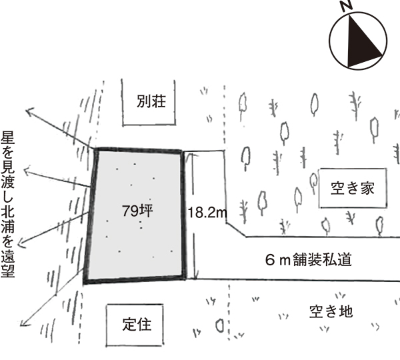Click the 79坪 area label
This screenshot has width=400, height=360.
(x=138, y=211)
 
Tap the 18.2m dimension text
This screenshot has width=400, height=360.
(x=207, y=213)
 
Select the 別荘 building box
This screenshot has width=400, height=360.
(x=150, y=101)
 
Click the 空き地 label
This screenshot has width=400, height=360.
(x=331, y=311)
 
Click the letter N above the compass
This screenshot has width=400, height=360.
(x=345, y=6)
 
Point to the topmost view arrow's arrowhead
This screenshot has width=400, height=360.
(x=28, y=109)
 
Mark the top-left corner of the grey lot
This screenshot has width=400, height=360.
(x=96, y=150)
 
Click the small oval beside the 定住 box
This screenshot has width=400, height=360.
(x=219, y=325)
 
